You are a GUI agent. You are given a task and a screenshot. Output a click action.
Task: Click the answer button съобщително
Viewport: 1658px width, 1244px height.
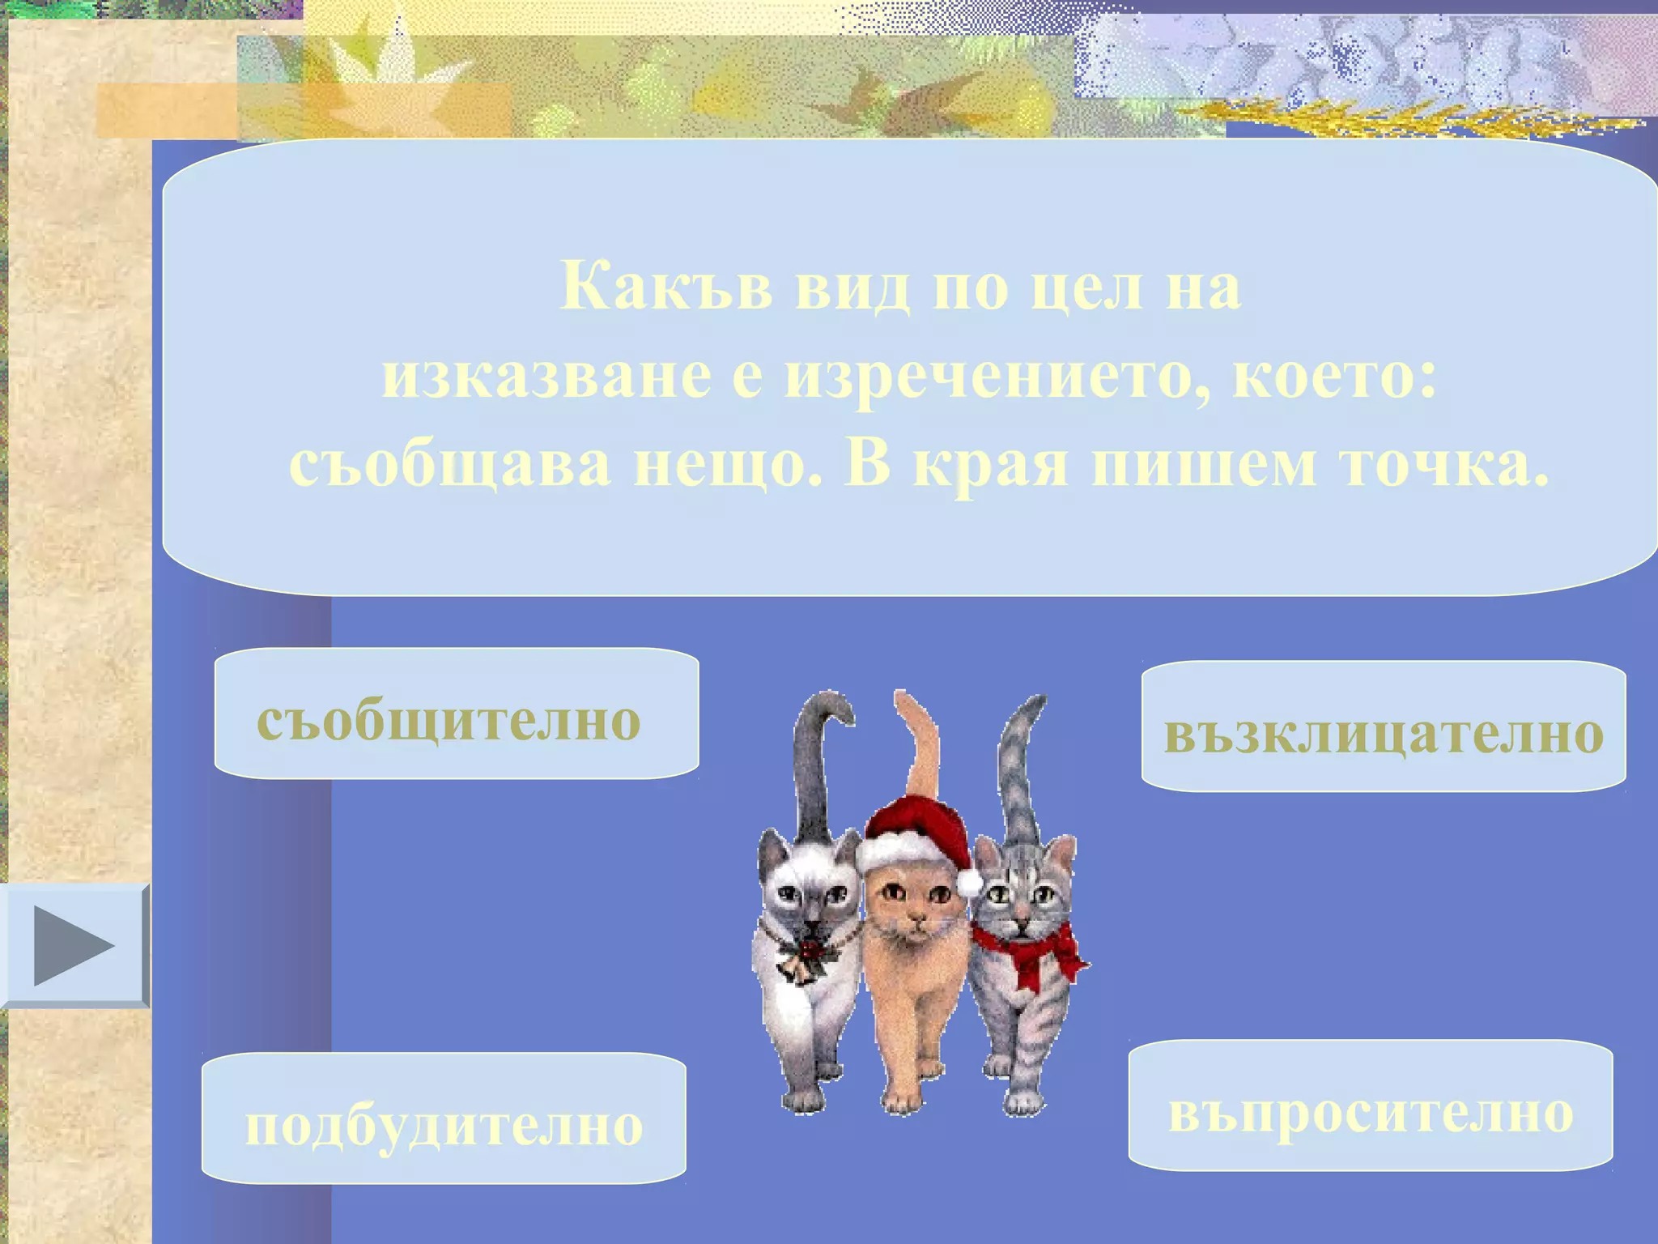tap(456, 714)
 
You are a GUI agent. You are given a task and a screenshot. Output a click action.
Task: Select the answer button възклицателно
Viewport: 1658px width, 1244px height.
tap(1384, 726)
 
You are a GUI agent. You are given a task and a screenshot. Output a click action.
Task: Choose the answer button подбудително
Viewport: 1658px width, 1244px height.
tap(444, 1118)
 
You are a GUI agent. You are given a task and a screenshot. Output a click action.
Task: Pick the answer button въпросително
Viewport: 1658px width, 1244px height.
tap(1371, 1106)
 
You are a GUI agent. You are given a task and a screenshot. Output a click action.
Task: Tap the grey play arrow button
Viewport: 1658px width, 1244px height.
tap(74, 945)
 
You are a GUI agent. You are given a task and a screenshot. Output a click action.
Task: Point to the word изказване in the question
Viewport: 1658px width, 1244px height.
tap(547, 377)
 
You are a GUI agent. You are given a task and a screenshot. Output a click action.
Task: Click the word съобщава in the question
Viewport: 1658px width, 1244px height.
tap(450, 466)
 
